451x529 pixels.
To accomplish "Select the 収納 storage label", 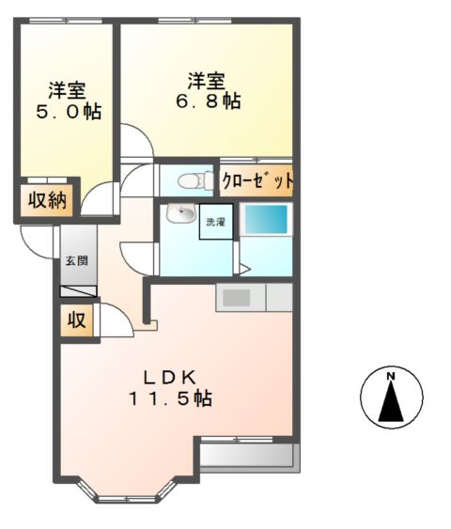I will click(x=45, y=200).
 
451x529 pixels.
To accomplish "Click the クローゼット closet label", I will click(x=257, y=180).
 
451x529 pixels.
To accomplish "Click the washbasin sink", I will click(x=179, y=215).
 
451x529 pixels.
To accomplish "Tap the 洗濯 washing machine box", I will click(x=215, y=222).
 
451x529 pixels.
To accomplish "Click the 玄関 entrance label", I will click(x=75, y=260).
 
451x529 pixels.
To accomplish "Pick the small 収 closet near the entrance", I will click(x=77, y=320).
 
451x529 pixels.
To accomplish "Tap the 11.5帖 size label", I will click(x=171, y=398).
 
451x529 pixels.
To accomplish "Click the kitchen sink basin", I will click(x=236, y=298).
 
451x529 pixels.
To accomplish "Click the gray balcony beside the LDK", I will click(x=247, y=457).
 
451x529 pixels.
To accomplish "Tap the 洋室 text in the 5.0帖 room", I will click(x=68, y=91).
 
